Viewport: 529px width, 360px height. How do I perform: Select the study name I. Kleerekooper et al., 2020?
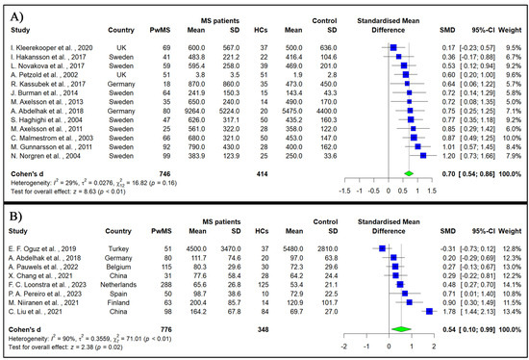click(49, 46)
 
